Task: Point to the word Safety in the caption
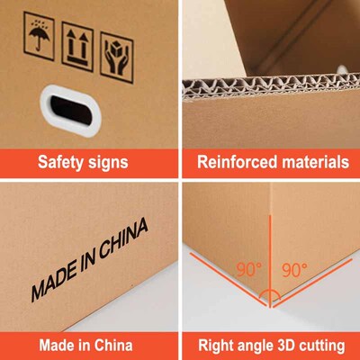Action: (x=60, y=164)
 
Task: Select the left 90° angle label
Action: (x=248, y=269)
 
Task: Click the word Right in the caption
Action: (x=215, y=345)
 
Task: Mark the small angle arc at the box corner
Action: (x=270, y=295)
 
